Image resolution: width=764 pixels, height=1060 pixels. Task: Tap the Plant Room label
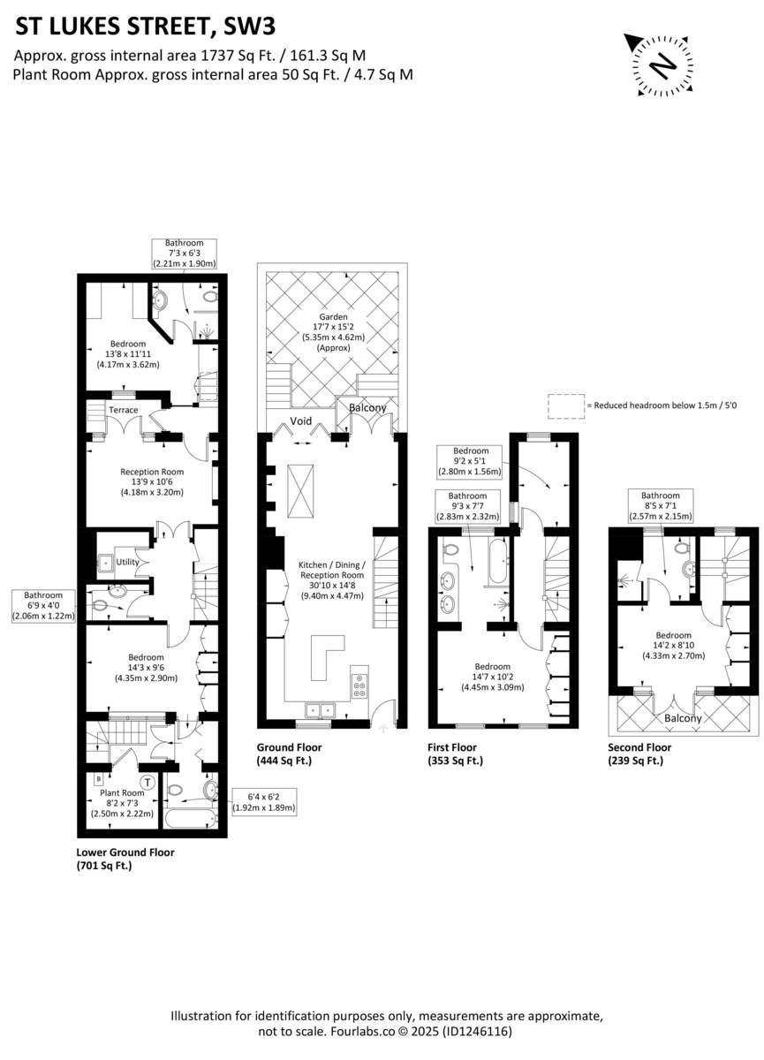(122, 792)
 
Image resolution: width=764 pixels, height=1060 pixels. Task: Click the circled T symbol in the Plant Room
(148, 783)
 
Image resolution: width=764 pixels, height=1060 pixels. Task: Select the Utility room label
(128, 562)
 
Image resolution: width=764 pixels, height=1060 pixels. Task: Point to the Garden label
(333, 316)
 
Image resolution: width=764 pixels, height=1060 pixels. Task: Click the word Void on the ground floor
(301, 420)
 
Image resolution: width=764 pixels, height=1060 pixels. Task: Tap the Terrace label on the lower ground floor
(124, 410)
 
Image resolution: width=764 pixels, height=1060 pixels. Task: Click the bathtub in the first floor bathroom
(498, 560)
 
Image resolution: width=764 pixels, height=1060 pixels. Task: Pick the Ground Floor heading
(289, 747)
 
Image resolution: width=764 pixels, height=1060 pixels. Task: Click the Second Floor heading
(639, 747)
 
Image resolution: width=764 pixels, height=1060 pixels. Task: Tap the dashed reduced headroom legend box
(566, 406)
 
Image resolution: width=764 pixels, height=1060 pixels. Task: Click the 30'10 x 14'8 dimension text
(332, 586)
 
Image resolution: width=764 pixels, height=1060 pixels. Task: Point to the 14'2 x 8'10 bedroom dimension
(673, 645)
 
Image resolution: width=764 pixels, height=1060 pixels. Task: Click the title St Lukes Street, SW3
(145, 27)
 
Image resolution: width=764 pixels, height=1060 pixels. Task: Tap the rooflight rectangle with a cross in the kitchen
(300, 491)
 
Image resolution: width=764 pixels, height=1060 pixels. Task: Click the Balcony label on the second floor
(683, 718)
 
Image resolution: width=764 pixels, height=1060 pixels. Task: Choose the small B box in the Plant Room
(99, 778)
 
